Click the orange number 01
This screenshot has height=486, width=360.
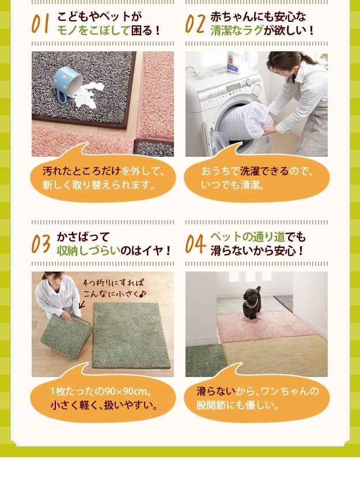tap(40, 24)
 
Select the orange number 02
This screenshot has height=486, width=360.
tap(195, 24)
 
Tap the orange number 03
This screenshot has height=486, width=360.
tap(40, 244)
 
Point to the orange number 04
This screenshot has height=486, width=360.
tap(195, 244)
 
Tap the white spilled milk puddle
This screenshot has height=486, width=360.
tap(86, 95)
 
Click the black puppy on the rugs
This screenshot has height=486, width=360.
tap(252, 303)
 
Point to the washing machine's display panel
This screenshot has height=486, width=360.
tap(234, 88)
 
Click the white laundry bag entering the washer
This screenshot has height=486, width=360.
tap(245, 121)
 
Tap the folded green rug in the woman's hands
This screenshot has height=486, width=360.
tap(66, 336)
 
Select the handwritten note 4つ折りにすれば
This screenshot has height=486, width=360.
tap(113, 283)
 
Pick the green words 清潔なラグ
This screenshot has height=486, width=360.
tap(237, 31)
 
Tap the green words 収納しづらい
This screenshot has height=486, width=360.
tap(89, 251)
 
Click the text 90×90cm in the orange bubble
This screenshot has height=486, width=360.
tap(126, 391)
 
